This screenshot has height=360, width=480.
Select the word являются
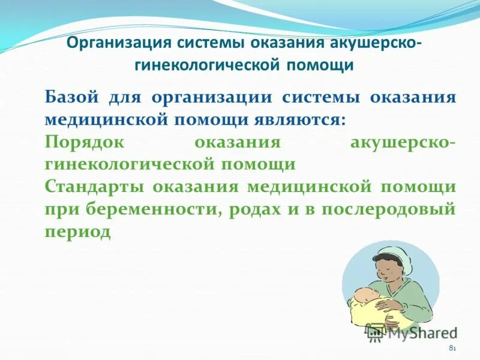pyautogui.click(x=308, y=118)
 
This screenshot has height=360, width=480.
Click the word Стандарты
pyautogui.click(x=95, y=186)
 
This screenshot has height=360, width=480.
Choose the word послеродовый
pyautogui.click(x=389, y=209)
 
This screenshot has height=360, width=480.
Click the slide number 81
pyautogui.click(x=452, y=349)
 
